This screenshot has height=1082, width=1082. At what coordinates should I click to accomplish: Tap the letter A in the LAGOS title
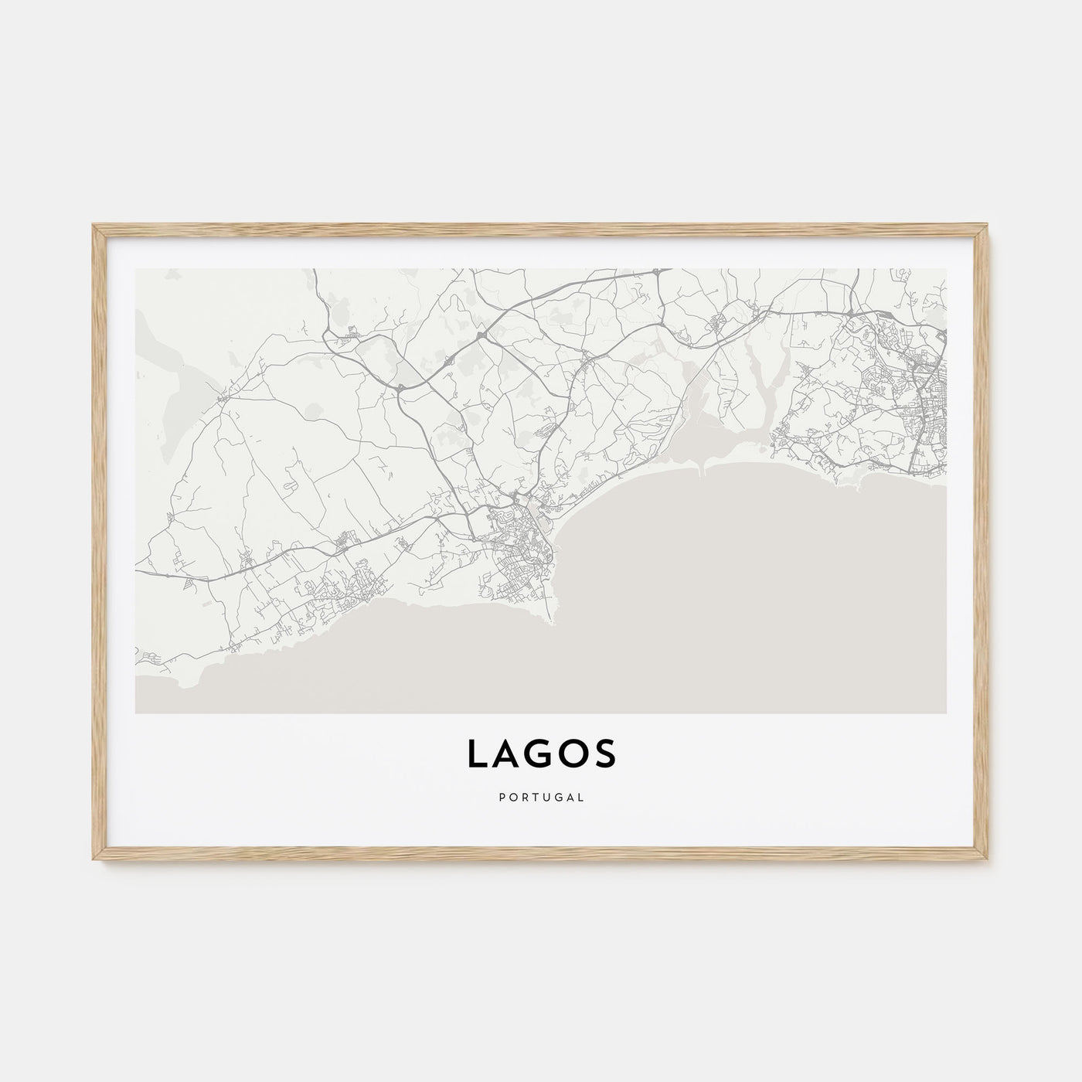tap(508, 755)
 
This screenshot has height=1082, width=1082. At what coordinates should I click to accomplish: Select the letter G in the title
tap(540, 755)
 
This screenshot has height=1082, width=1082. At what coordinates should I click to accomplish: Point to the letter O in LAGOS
tap(574, 755)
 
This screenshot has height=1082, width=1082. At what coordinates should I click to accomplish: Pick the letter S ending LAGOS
tap(605, 755)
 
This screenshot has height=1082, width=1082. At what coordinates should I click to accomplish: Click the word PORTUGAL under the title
tap(541, 796)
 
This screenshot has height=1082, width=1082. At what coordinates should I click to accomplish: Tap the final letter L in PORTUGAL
tap(581, 796)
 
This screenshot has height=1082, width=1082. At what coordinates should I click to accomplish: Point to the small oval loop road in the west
tap(291, 486)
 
